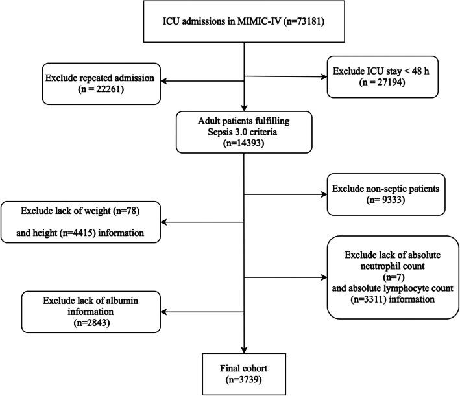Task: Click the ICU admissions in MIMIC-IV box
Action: tap(243, 27)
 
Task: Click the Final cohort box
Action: tap(243, 367)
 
